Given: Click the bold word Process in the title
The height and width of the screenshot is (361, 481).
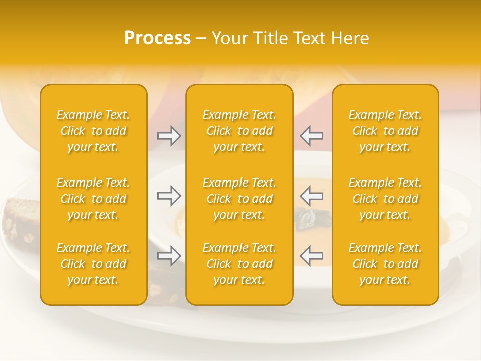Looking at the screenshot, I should (157, 38).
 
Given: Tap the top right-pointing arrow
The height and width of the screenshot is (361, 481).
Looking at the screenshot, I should (169, 136).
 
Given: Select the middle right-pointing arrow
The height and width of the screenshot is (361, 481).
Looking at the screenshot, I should (169, 196).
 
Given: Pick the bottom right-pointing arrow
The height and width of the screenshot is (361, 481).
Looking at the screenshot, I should (169, 256).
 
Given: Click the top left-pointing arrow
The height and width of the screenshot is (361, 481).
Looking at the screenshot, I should (311, 136).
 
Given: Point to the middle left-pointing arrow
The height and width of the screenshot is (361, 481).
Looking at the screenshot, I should (311, 196).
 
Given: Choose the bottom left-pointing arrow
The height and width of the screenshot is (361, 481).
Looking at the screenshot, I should (311, 256).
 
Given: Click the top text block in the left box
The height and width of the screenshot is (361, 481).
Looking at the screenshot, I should (93, 131).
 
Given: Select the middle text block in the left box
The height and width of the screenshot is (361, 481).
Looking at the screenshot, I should (93, 199).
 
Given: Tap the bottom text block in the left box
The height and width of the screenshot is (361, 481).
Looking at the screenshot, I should (93, 264).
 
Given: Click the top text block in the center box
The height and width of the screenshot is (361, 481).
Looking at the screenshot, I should (239, 131).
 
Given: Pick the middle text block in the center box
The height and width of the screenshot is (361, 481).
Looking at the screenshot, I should (239, 199).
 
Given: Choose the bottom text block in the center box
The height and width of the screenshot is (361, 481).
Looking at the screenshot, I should (239, 264).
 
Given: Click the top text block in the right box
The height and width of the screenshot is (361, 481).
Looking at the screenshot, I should (385, 131).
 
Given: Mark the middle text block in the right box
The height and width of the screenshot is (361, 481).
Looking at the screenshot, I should (385, 199).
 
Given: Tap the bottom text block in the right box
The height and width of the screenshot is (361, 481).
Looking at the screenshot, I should (385, 264).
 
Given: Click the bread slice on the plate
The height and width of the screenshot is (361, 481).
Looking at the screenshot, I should (20, 221).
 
